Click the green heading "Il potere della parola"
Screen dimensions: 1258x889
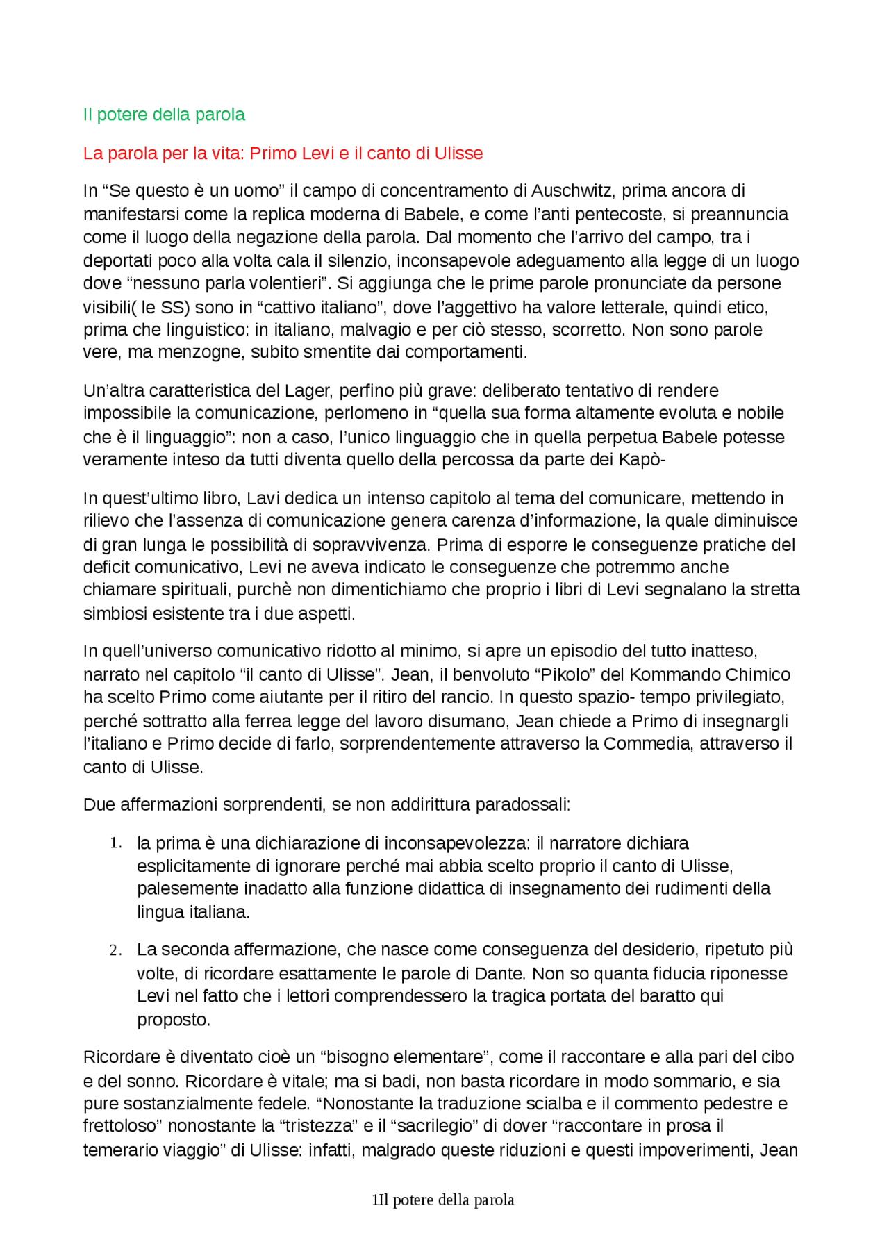click(x=164, y=115)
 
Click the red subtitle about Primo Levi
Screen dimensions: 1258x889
click(x=283, y=154)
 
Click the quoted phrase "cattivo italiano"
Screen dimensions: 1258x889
click(x=319, y=307)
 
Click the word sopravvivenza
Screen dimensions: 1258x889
click(x=379, y=545)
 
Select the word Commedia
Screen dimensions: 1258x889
click(x=647, y=744)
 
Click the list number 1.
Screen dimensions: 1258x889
click(x=115, y=844)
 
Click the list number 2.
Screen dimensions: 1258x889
click(x=115, y=951)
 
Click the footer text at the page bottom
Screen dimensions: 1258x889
click(x=443, y=1200)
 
